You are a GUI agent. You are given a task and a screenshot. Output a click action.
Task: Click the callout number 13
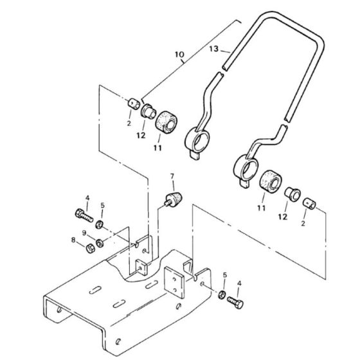(213, 49)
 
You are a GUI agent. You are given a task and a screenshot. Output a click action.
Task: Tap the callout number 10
(179, 55)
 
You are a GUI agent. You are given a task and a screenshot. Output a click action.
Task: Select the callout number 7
(172, 176)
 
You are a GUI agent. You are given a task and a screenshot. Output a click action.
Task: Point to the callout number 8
(73, 240)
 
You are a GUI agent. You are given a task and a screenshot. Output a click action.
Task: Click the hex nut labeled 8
(90, 249)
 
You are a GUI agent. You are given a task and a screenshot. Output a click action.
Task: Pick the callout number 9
(84, 233)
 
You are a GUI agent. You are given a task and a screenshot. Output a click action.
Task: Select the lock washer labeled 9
(100, 243)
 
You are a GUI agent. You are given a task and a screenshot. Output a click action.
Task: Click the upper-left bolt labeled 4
(84, 215)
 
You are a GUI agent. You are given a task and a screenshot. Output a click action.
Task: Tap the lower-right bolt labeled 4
(235, 302)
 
